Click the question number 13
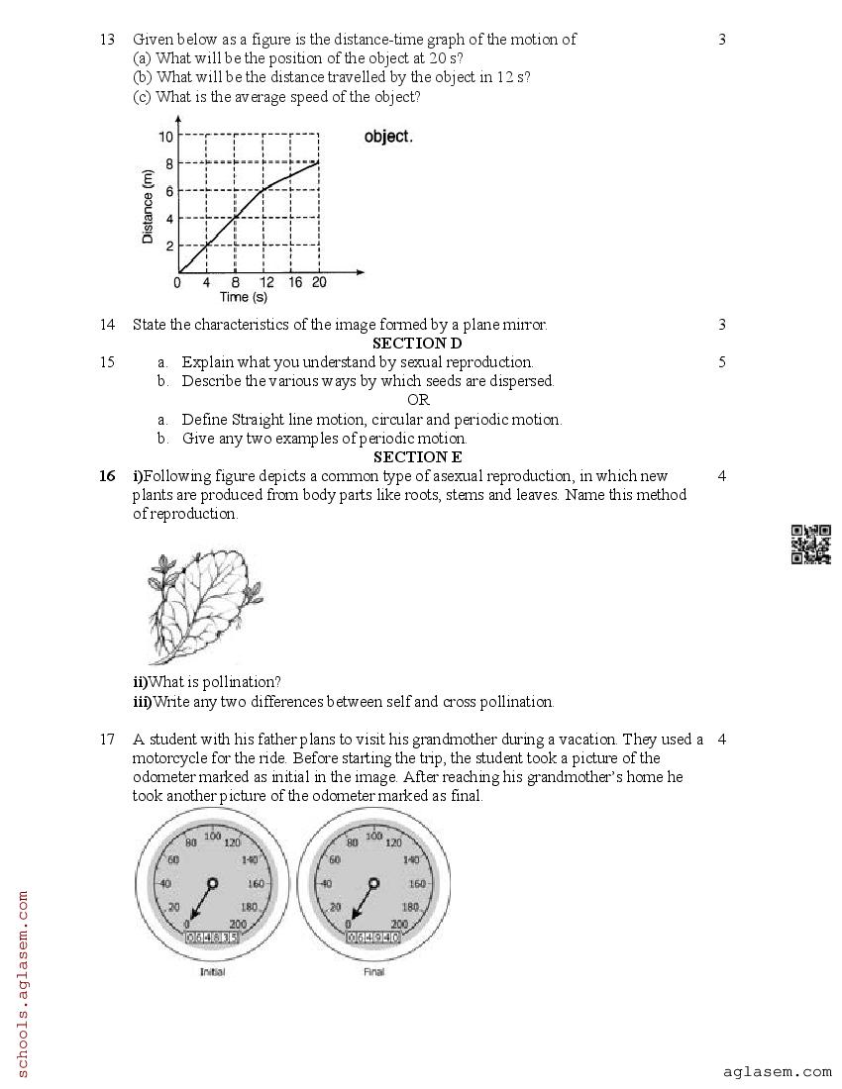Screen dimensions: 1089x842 pos(107,40)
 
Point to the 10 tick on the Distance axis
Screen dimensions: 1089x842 pos(166,136)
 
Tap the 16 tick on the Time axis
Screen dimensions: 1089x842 pos(294,282)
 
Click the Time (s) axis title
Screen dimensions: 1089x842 pos(243,297)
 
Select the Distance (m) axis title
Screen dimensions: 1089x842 pos(148,207)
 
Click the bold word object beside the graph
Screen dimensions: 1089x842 pos(388,137)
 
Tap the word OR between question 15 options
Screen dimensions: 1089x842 pos(418,400)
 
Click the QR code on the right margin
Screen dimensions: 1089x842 pos(810,544)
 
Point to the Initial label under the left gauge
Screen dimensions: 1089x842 pos(212,972)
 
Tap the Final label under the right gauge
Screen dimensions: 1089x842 pos(373,972)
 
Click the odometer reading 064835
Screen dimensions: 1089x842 pos(212,937)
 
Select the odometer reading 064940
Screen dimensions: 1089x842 pos(373,937)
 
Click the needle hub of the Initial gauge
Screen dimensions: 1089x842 pos(212,882)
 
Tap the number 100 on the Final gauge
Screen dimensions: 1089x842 pos(373,837)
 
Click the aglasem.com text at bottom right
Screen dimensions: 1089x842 pos(778,1071)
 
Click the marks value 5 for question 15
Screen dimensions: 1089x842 pos(721,362)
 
